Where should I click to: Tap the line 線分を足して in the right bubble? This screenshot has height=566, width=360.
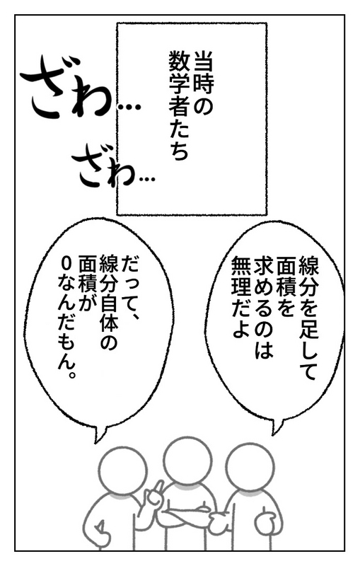click(308, 318)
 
